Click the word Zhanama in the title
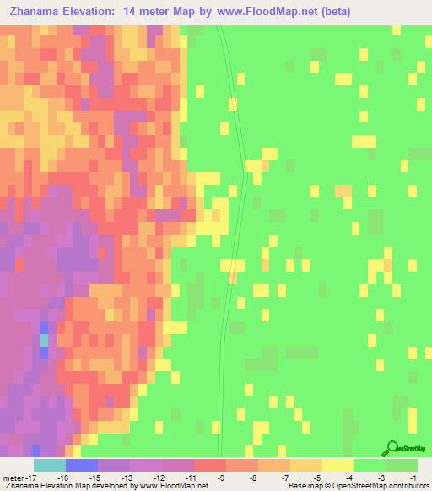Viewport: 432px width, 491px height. coord(38,12)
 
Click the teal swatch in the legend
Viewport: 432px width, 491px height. coord(49,465)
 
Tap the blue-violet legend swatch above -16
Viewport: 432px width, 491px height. coord(81,465)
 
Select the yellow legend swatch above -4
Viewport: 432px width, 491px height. coord(337,465)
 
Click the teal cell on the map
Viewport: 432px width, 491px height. coord(44,340)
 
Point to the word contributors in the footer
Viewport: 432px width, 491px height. coord(410,486)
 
